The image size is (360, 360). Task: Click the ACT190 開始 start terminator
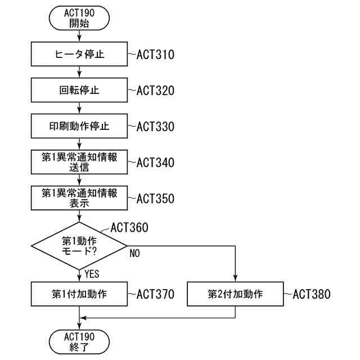(79, 19)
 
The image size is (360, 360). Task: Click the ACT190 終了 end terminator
(79, 341)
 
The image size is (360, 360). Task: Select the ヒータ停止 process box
(79, 55)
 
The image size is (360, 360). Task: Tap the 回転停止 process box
(79, 91)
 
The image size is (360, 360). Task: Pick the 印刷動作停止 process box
(79, 127)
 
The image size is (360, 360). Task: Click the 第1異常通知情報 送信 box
(79, 163)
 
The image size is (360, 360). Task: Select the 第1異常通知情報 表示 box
(79, 199)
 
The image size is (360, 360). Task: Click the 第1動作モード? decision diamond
(79, 246)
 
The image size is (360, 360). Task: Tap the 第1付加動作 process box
(79, 294)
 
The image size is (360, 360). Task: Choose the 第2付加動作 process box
(235, 294)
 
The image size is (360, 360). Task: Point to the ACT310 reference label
(155, 55)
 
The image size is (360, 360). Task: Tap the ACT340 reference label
(155, 163)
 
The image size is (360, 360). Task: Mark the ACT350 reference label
(155, 199)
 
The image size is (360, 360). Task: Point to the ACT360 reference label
(129, 228)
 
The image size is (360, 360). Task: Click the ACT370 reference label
(155, 294)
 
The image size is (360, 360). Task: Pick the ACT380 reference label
(311, 294)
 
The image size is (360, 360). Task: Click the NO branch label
(134, 254)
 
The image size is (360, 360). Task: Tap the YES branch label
(92, 274)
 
